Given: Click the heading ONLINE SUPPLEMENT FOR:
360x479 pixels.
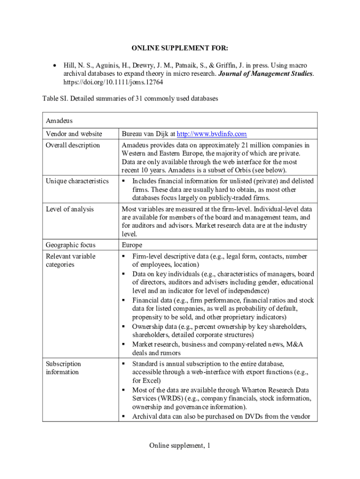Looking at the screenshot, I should [x=180, y=48].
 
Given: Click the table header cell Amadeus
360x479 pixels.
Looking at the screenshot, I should [x=59, y=120].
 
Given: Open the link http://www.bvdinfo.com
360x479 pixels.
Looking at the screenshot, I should [x=211, y=134].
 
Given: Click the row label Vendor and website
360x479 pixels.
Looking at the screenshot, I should [x=74, y=134].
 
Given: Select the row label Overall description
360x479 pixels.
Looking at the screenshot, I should [x=73, y=145].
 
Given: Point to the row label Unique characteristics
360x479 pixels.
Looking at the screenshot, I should [x=77, y=181].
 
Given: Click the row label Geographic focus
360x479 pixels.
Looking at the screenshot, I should [x=71, y=245].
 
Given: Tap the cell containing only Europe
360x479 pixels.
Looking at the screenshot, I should [x=132, y=245].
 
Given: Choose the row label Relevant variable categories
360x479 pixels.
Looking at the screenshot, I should [x=70, y=261].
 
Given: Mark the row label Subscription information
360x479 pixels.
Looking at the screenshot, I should [x=63, y=368].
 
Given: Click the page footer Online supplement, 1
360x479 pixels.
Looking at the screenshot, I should [x=180, y=446].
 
